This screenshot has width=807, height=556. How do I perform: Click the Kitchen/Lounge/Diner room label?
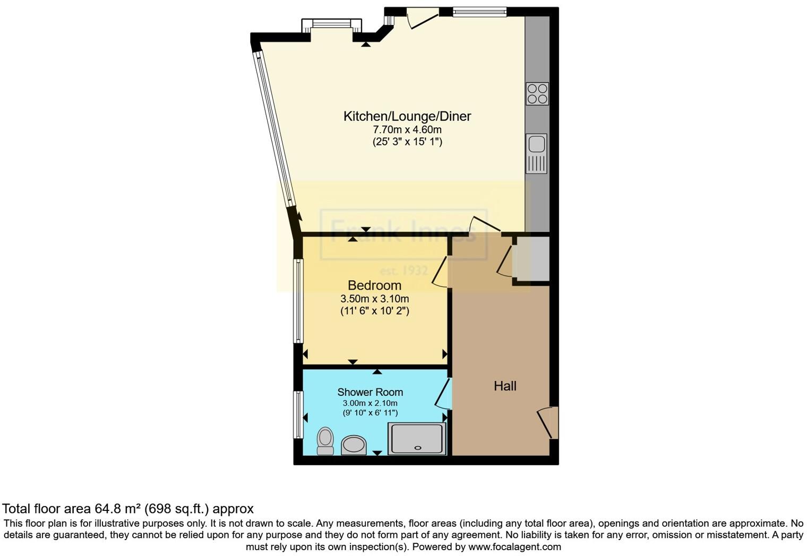(407, 116)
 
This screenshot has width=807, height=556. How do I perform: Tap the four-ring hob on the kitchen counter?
(537, 94)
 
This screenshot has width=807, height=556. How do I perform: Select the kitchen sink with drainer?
(536, 154)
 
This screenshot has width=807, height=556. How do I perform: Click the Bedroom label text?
(374, 285)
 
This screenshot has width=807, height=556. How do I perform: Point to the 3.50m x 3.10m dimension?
(374, 299)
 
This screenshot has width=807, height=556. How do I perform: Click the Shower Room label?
(370, 392)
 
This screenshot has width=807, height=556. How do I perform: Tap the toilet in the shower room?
(325, 441)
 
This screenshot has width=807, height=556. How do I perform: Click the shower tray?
(417, 439)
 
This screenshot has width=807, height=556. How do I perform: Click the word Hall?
(505, 386)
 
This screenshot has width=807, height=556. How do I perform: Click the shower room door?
(443, 394)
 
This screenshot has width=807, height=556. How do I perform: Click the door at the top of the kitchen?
(423, 19)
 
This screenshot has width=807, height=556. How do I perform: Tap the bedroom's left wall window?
(298, 301)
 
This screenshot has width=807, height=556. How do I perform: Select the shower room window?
(298, 415)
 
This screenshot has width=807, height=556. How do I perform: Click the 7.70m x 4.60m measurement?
(407, 129)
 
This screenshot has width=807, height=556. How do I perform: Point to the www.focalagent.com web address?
(514, 546)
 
